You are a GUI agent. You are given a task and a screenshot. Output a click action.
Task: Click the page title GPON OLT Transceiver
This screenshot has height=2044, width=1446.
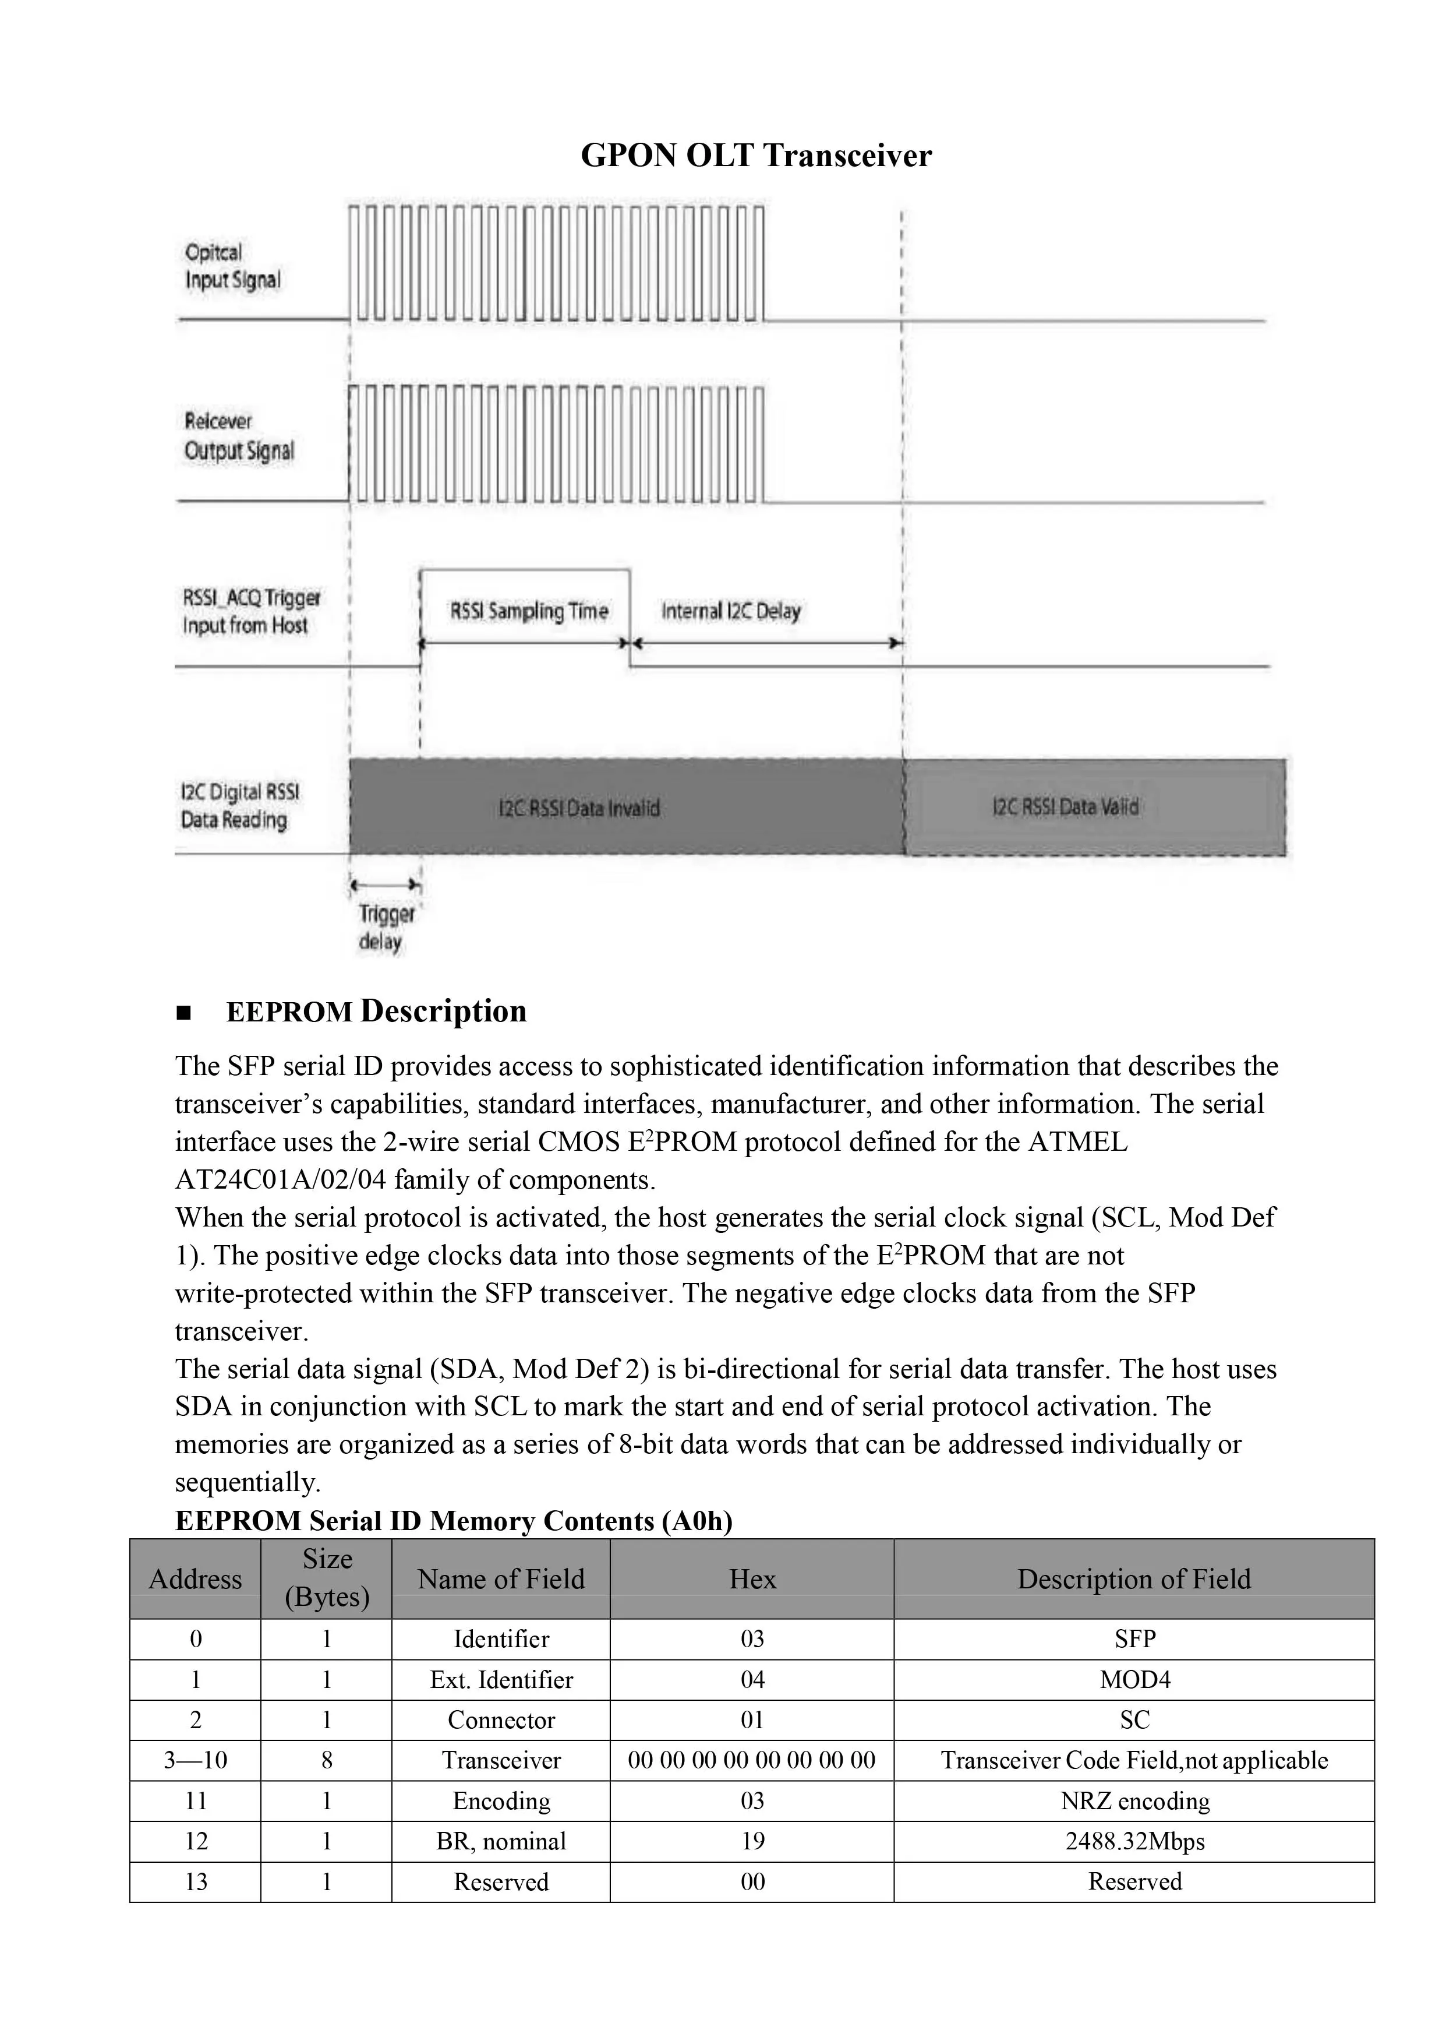pos(755,155)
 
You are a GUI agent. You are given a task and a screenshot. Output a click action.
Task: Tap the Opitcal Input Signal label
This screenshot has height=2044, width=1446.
pos(232,266)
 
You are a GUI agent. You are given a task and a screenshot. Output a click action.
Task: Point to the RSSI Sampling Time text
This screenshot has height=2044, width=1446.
pos(529,611)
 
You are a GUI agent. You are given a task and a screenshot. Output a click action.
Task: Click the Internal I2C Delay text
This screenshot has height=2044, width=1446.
pos(731,611)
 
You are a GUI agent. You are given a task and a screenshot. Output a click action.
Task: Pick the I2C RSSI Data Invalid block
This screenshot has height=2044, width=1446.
pos(579,808)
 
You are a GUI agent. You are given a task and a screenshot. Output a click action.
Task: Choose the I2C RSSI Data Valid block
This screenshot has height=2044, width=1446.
pos(1065,807)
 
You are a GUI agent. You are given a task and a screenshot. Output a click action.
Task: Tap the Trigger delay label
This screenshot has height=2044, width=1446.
pos(386,927)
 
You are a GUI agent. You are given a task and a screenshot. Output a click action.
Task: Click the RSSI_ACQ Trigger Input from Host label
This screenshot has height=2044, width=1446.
pos(250,611)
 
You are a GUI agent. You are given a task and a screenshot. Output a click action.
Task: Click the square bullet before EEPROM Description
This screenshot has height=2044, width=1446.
pos(184,1013)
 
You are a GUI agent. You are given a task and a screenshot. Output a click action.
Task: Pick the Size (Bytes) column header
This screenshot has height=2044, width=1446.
pos(327,1578)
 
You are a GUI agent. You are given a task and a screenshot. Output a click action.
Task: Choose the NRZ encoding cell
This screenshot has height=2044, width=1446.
pos(1134,1801)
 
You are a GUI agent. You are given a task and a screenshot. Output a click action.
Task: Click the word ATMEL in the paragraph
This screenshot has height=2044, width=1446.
pos(1077,1142)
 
